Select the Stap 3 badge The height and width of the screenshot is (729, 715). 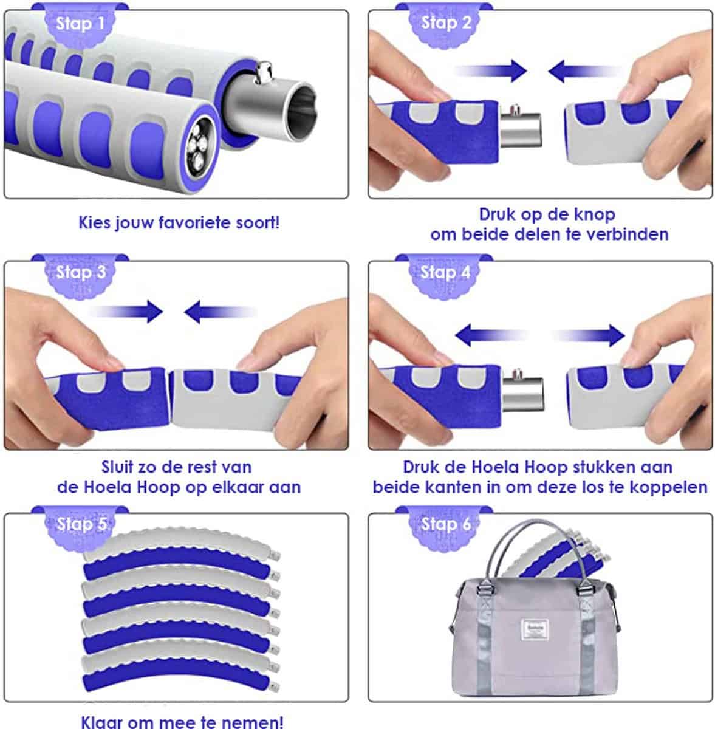pos(80,275)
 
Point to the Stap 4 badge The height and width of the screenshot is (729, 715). pos(445,275)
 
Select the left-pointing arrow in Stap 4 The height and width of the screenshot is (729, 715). pos(492,335)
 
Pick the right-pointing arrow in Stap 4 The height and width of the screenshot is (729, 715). pos(588,335)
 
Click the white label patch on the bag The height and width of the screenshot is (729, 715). pos(535,629)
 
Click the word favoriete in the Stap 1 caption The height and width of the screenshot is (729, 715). pos(195,222)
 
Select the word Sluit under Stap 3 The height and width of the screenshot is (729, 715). pos(117,467)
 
